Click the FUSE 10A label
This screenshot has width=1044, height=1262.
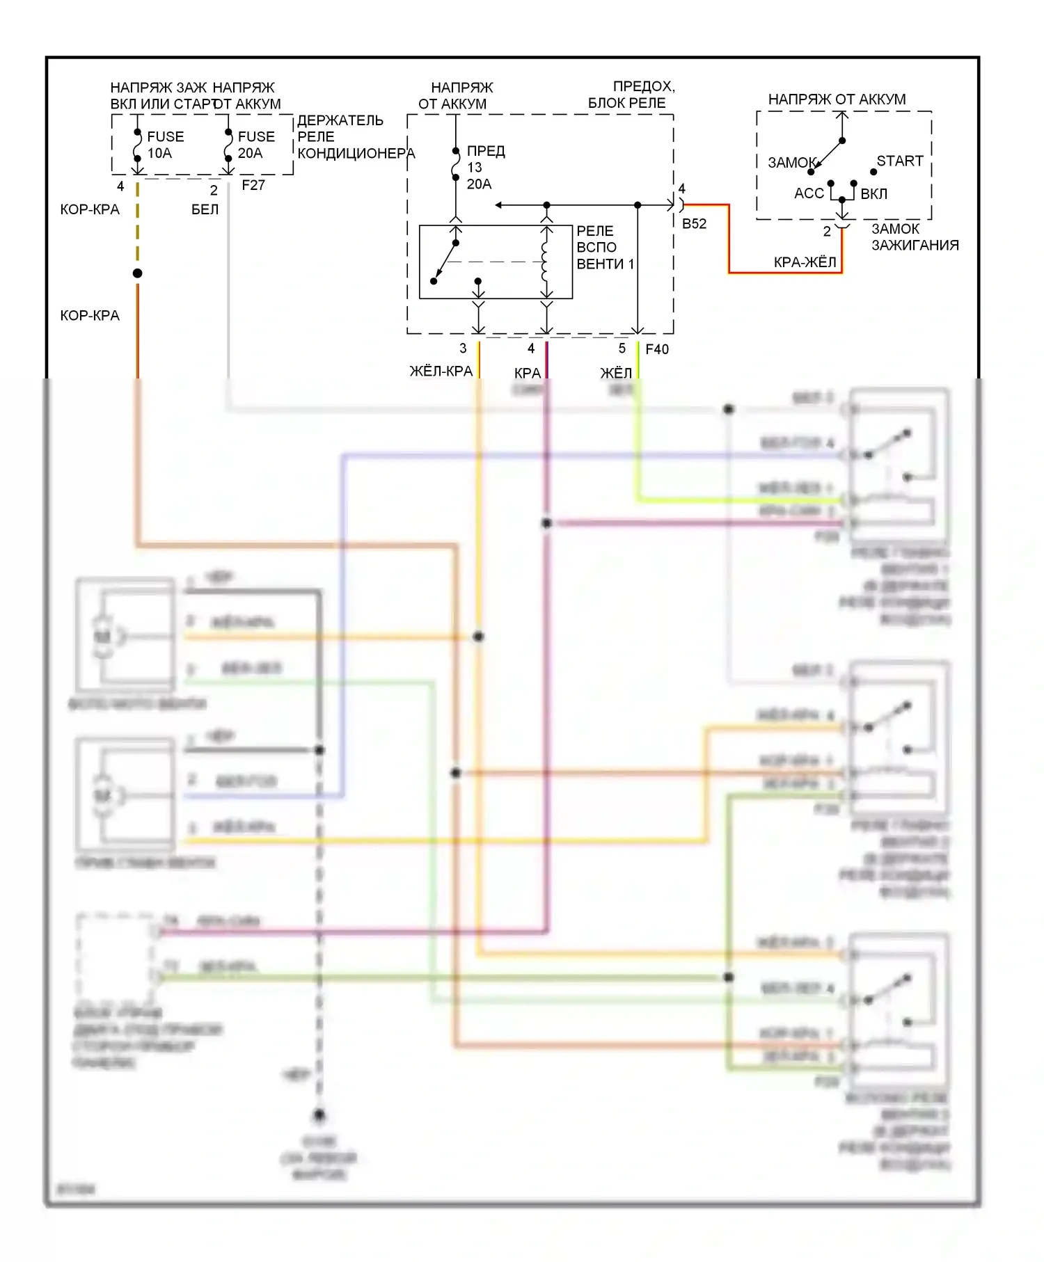tap(165, 145)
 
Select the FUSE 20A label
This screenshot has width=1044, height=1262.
tap(255, 145)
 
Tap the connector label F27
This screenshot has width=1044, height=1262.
tap(253, 185)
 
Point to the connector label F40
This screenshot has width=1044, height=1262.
tap(657, 349)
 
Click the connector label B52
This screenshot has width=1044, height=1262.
tap(694, 223)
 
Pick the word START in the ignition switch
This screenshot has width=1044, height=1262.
tap(899, 161)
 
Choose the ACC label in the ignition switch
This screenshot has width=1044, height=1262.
tap(809, 193)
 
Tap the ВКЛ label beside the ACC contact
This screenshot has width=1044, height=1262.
tap(873, 194)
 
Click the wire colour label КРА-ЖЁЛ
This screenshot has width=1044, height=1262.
tap(805, 262)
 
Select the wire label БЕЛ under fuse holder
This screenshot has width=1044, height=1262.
tap(205, 209)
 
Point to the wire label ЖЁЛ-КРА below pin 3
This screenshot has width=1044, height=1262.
tap(441, 371)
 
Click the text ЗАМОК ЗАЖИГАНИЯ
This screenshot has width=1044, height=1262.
tap(915, 237)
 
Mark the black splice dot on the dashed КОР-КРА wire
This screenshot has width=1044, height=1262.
tap(138, 273)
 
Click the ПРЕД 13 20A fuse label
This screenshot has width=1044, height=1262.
tap(485, 168)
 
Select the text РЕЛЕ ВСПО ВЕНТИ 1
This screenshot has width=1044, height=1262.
tap(605, 248)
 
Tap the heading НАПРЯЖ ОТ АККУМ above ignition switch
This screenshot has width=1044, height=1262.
tap(837, 99)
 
